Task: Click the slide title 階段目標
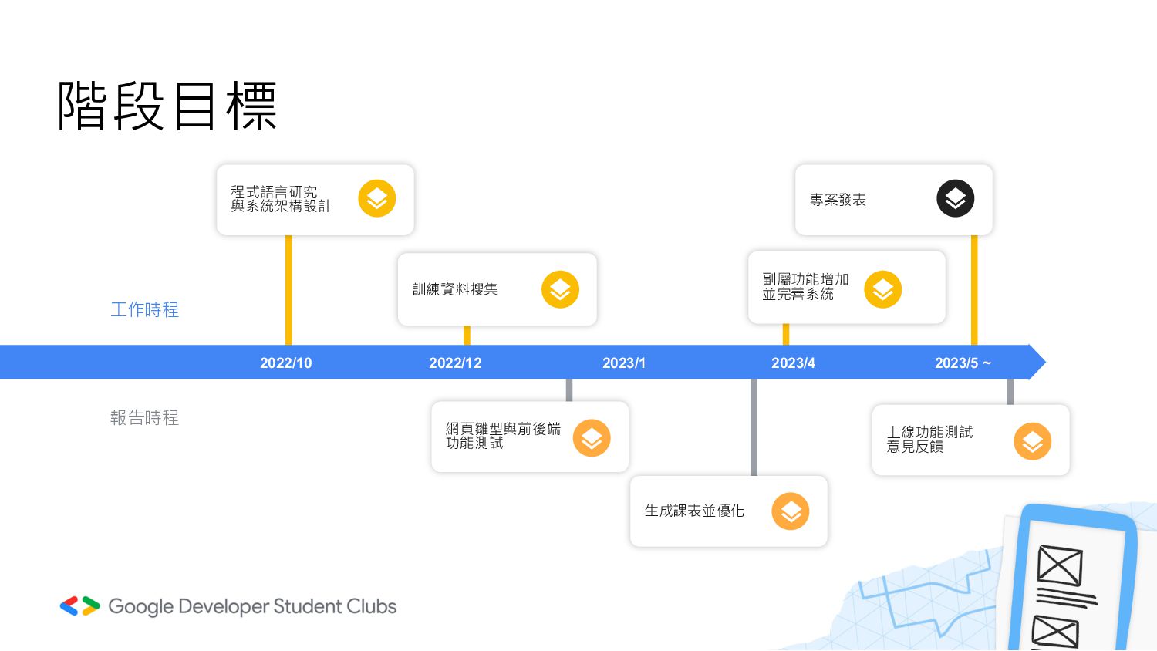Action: pyautogui.click(x=167, y=106)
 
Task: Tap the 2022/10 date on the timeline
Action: pyautogui.click(x=285, y=363)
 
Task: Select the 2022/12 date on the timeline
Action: pyautogui.click(x=455, y=363)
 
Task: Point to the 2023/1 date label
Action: pyautogui.click(x=624, y=363)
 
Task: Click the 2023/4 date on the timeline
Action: pyautogui.click(x=793, y=363)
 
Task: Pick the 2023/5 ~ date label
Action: pyautogui.click(x=963, y=363)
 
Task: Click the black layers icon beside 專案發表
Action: pyautogui.click(x=956, y=199)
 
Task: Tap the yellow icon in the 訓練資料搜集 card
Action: pyautogui.click(x=560, y=289)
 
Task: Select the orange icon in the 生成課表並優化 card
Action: pyautogui.click(x=791, y=511)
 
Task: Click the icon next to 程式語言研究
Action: pyautogui.click(x=377, y=199)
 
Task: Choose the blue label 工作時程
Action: pyautogui.click(x=144, y=310)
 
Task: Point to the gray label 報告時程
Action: pyautogui.click(x=144, y=418)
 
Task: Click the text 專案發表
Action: pyautogui.click(x=838, y=201)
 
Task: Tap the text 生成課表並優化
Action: pyautogui.click(x=694, y=511)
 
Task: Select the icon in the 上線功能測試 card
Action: pyautogui.click(x=1033, y=441)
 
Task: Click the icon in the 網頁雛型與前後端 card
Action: pyautogui.click(x=592, y=438)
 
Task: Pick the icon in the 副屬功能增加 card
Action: pyautogui.click(x=883, y=289)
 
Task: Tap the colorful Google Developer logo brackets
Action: pyautogui.click(x=80, y=606)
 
